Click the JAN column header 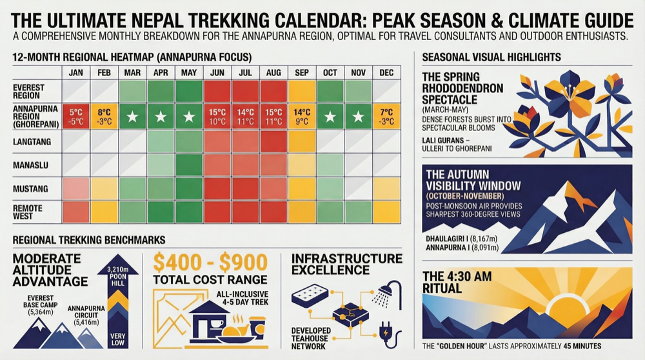coord(75,73)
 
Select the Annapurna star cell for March coord(132,117)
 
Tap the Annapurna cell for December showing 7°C coord(387,117)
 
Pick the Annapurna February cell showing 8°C coord(104,117)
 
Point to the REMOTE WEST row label coord(28,211)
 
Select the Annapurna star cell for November coord(358,117)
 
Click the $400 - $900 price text coord(210,262)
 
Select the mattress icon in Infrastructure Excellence coord(311,295)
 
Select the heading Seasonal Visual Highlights coord(491,57)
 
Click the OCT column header coord(330,73)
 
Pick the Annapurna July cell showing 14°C coord(245,117)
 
